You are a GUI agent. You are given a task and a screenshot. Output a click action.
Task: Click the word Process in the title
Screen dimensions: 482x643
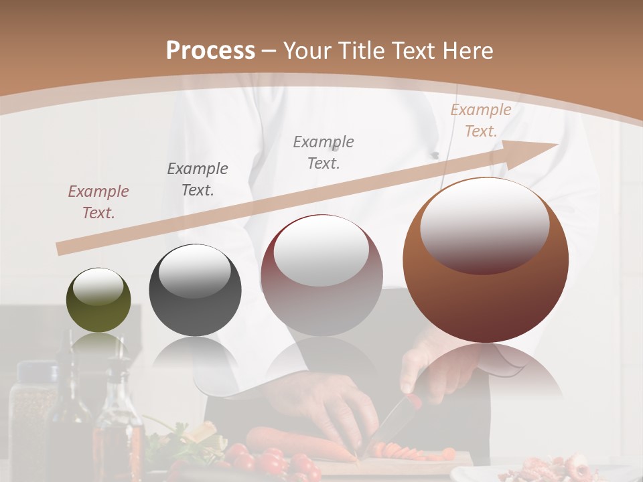(210, 51)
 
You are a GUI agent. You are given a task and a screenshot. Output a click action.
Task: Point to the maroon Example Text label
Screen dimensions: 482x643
(98, 202)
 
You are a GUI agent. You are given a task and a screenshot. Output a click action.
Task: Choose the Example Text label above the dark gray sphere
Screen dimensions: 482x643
(198, 179)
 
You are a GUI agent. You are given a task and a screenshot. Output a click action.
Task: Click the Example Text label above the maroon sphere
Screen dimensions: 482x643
(324, 152)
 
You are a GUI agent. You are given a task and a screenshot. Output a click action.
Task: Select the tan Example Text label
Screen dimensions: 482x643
(480, 120)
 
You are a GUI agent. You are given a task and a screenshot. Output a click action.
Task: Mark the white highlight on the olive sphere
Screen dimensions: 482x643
(98, 287)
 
